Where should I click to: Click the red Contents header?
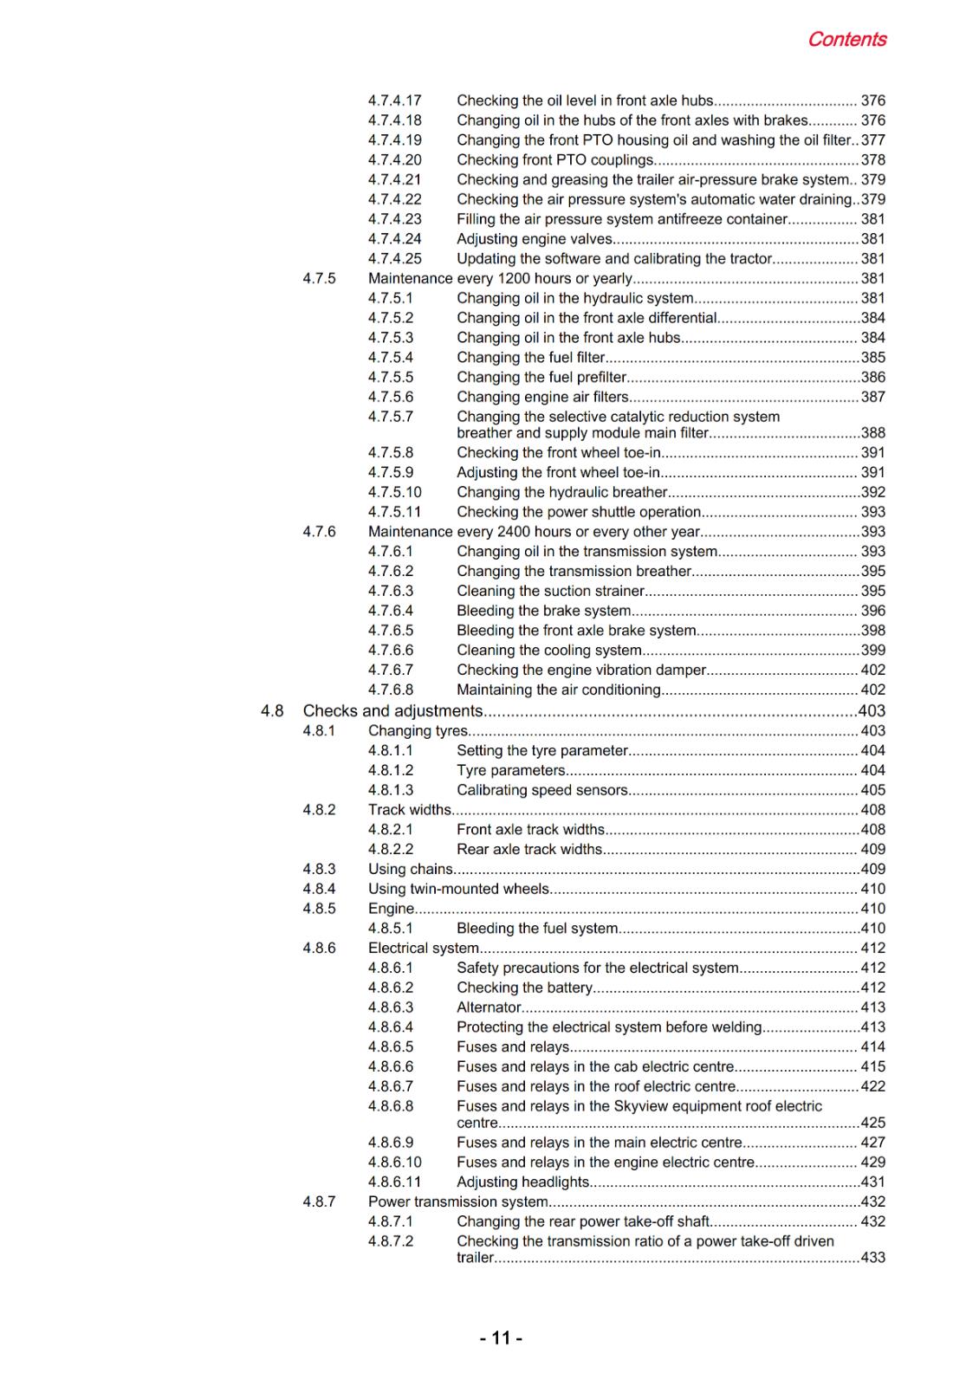(846, 40)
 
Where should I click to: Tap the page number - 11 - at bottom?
(501, 1338)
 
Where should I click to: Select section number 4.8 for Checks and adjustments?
(272, 711)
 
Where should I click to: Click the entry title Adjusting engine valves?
(535, 239)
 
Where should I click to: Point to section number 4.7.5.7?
(391, 417)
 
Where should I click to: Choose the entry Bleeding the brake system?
(543, 611)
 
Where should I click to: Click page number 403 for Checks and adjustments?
(872, 711)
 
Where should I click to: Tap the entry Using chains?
(411, 869)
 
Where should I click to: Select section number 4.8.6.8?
(391, 1106)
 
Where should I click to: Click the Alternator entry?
(489, 1007)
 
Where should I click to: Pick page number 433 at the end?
(873, 1258)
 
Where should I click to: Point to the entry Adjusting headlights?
(523, 1182)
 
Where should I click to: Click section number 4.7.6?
(319, 532)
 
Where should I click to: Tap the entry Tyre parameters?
(511, 770)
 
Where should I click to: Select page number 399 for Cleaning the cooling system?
(873, 651)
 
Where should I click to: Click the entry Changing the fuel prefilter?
(541, 378)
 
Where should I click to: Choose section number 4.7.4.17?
(394, 100)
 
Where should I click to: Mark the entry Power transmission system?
(458, 1202)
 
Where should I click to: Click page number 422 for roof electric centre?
(873, 1086)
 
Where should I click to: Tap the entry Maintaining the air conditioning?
(559, 690)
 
